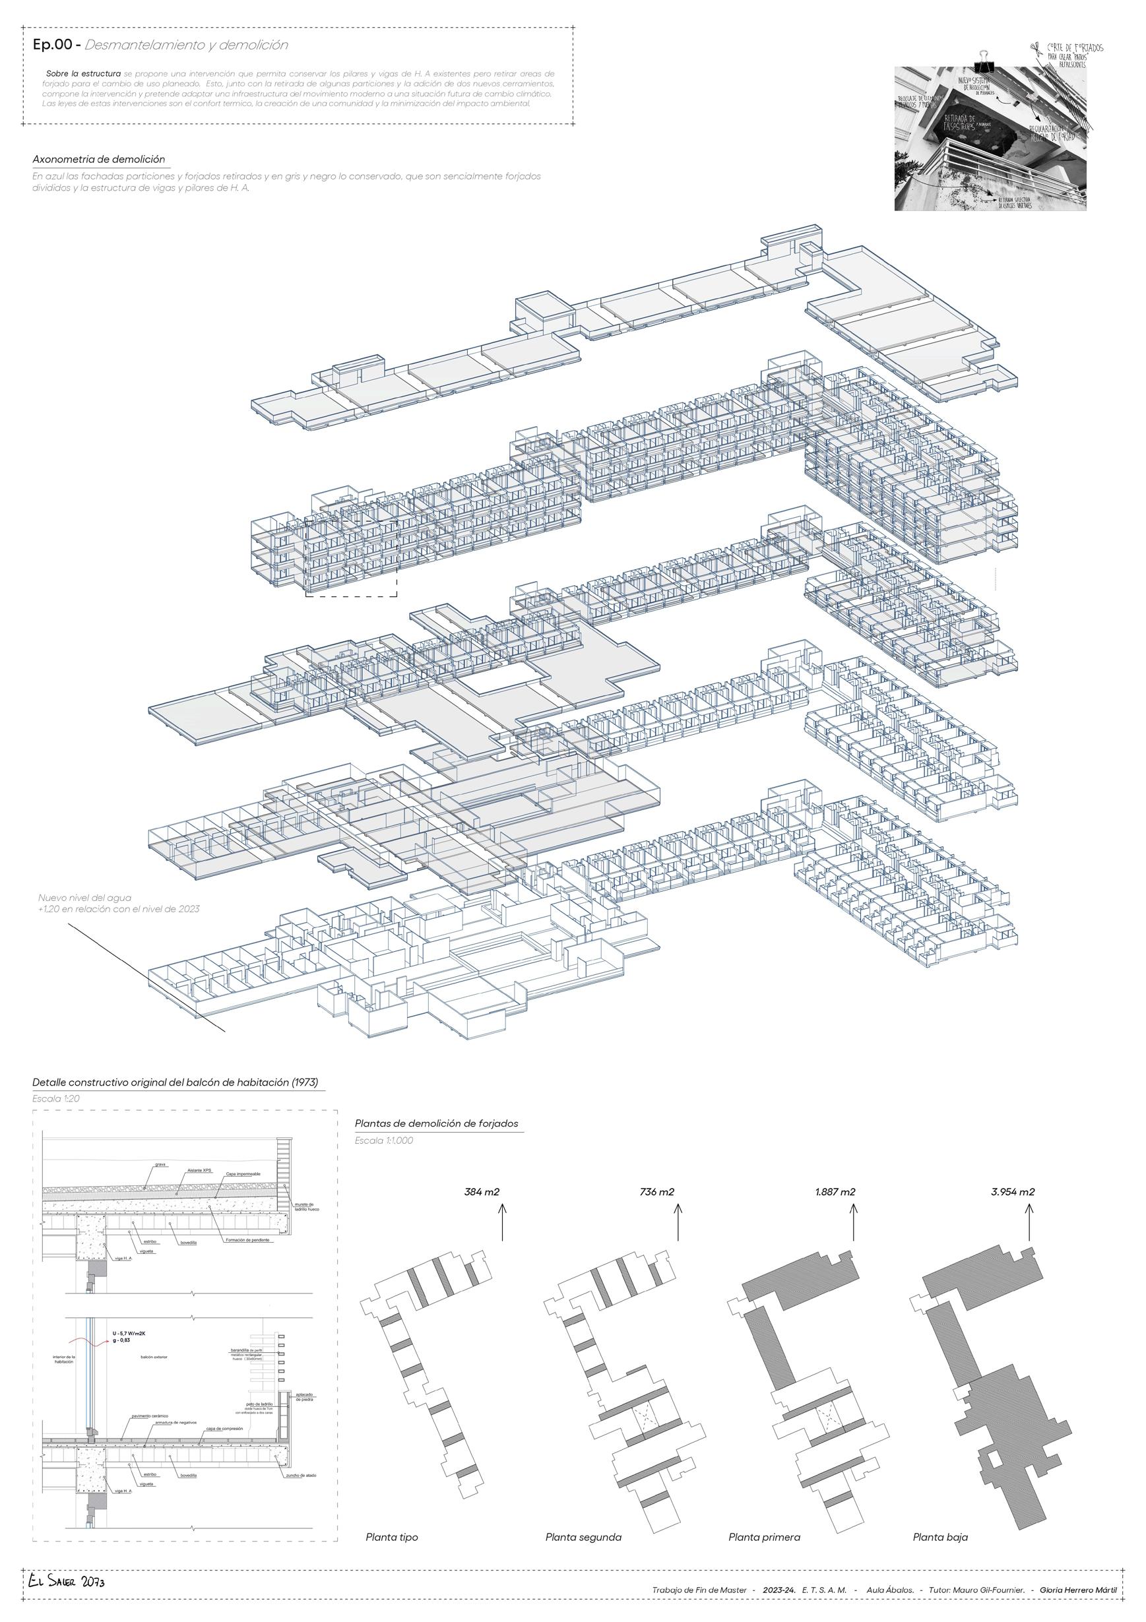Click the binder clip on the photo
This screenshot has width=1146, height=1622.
tap(984, 62)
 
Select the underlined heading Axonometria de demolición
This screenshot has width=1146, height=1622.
tap(99, 159)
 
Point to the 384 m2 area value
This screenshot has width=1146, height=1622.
tap(482, 1192)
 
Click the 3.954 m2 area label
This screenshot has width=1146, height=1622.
tap(1013, 1192)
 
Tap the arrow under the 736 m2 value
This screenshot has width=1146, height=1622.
tap(678, 1222)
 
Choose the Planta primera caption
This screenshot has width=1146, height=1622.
tap(765, 1532)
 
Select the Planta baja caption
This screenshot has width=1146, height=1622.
tap(940, 1532)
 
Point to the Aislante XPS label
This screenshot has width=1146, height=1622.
tap(200, 1171)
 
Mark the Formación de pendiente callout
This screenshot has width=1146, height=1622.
tap(247, 1241)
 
